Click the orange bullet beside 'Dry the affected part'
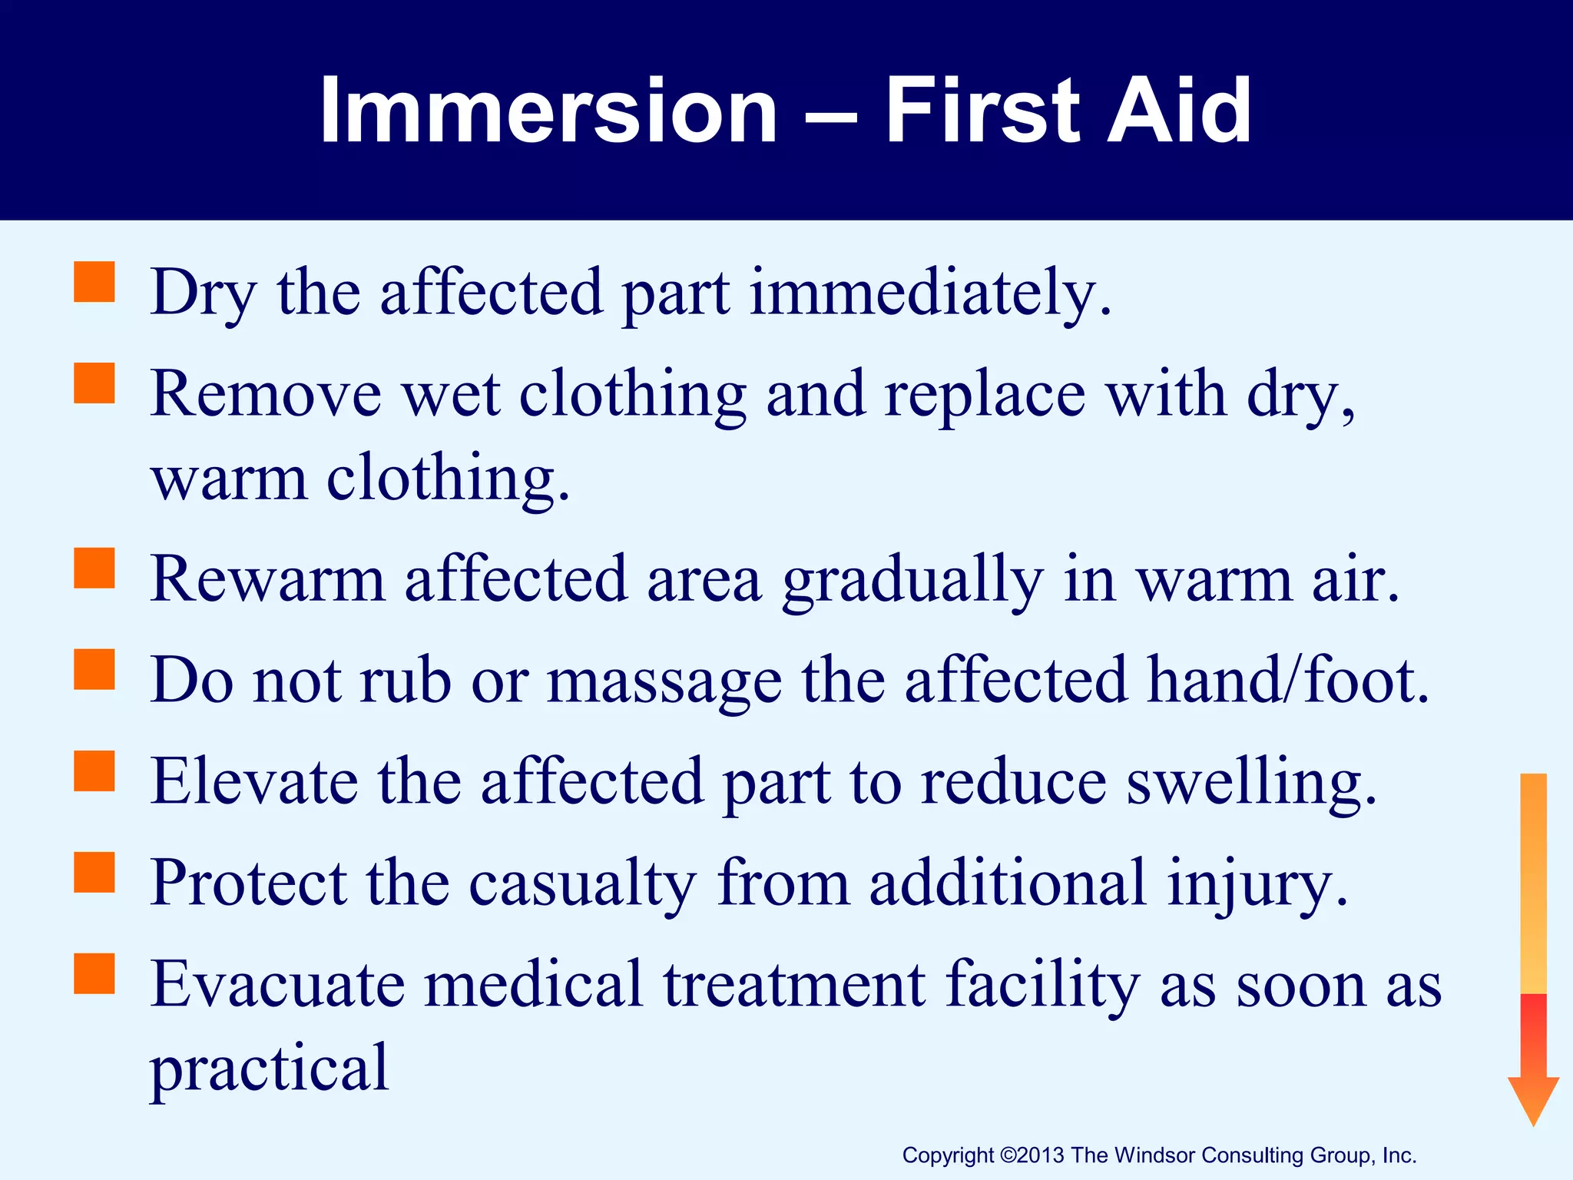tap(94, 282)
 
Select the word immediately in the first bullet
tap(930, 293)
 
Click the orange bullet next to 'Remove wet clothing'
tap(94, 383)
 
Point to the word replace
tap(985, 395)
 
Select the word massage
tap(664, 682)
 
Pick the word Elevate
tap(254, 782)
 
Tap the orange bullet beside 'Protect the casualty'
tap(94, 872)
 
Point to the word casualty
tap(582, 885)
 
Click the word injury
tap(1257, 885)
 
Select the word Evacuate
tap(277, 985)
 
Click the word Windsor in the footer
tap(1154, 1155)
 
